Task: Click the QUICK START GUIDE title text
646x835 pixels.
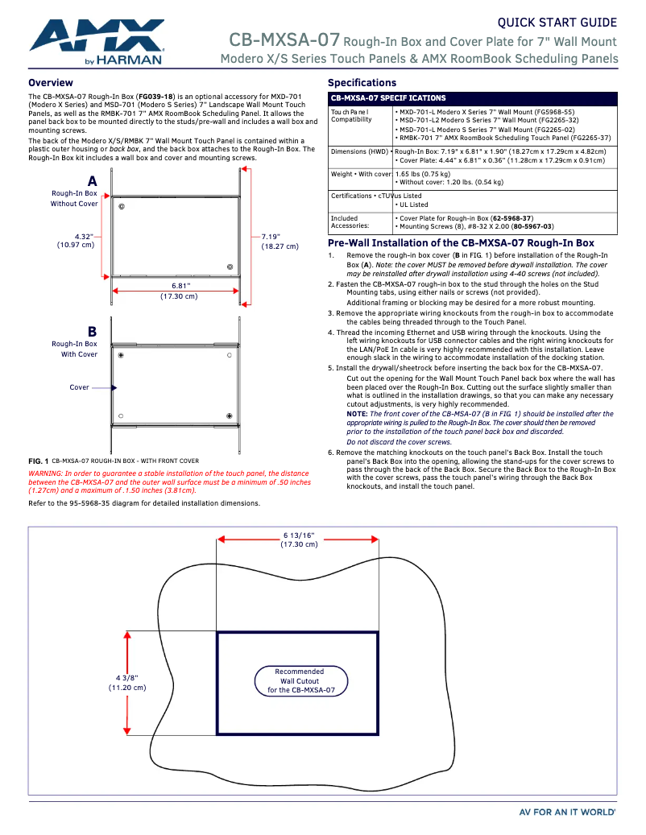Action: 557,23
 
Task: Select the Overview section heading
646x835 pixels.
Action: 50,83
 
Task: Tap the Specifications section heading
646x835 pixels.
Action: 362,83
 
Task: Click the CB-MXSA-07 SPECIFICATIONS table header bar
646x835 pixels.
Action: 472,97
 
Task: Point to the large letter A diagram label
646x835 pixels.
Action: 92,181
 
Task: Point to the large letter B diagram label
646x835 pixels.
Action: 92,331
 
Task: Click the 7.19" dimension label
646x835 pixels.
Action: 271,237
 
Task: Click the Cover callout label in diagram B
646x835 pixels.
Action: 79,387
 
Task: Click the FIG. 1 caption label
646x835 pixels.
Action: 39,461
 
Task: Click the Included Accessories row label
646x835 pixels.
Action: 350,222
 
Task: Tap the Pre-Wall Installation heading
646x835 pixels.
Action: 461,243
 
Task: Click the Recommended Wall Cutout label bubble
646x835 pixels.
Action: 300,680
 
